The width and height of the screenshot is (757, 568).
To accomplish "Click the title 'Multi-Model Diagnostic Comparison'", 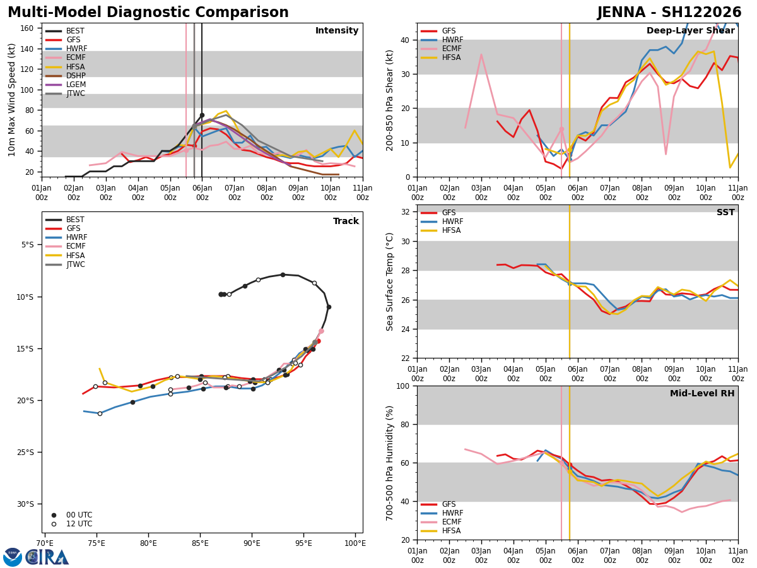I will [148, 13].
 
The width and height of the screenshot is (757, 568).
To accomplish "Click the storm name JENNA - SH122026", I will [669, 13].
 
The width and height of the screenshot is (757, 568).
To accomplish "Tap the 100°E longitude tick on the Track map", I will [355, 543].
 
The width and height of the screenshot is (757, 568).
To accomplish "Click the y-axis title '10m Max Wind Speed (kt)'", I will [12, 100].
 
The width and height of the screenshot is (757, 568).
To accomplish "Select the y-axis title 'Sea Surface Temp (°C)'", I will [390, 281].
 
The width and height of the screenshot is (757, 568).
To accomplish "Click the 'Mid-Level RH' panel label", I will [702, 394].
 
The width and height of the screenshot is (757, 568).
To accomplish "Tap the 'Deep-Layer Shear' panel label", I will [690, 31].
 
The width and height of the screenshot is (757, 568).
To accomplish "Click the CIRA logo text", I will [47, 557].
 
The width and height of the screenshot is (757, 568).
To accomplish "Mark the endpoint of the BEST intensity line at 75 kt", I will [202, 115].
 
